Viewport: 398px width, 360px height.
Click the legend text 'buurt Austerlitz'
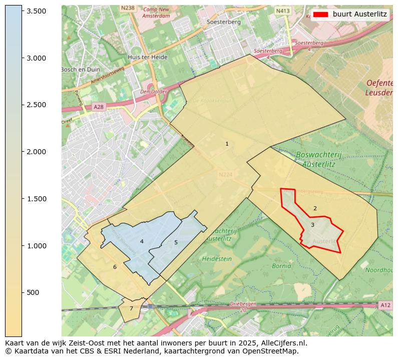click(x=360, y=14)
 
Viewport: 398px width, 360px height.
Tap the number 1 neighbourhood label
click(x=227, y=144)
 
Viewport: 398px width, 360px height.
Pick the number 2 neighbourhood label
click(x=315, y=209)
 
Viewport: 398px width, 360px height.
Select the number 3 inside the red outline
click(x=312, y=225)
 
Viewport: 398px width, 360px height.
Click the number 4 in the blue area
click(x=142, y=242)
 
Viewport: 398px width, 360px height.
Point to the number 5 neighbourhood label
click(x=176, y=243)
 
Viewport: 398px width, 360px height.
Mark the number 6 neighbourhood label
click(x=115, y=267)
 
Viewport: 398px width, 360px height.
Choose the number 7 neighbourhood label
click(x=131, y=309)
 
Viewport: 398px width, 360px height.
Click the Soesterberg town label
click(x=224, y=22)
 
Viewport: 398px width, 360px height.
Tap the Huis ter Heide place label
click(x=147, y=58)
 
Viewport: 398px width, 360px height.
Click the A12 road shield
click(x=384, y=305)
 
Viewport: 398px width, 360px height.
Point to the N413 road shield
click(x=284, y=11)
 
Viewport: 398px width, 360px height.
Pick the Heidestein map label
click(x=217, y=259)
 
